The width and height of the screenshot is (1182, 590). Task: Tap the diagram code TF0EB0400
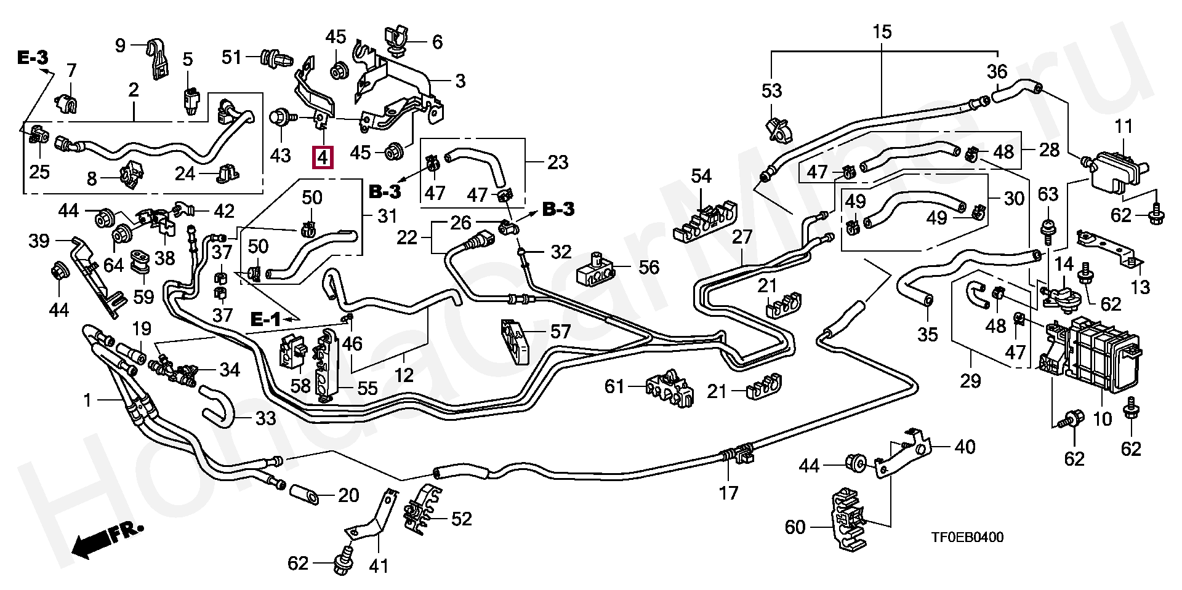click(967, 537)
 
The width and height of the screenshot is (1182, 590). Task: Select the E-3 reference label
click(32, 58)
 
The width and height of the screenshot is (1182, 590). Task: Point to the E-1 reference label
click(265, 319)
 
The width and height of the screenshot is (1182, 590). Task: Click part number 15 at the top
click(882, 31)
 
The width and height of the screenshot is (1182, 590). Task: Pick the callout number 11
click(1124, 128)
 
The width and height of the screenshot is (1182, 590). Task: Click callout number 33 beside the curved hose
click(265, 419)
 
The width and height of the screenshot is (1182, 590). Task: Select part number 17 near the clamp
click(728, 493)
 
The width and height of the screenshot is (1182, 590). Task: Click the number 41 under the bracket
click(378, 565)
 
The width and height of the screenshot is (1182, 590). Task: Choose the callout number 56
click(649, 267)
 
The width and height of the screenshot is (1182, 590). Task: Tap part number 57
click(560, 333)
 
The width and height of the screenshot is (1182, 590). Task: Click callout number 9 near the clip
click(120, 45)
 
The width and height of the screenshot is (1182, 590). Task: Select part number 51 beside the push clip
click(232, 57)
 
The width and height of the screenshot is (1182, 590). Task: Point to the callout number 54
click(701, 177)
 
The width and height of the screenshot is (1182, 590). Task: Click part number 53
click(771, 91)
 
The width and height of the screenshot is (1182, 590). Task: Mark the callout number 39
click(39, 241)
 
